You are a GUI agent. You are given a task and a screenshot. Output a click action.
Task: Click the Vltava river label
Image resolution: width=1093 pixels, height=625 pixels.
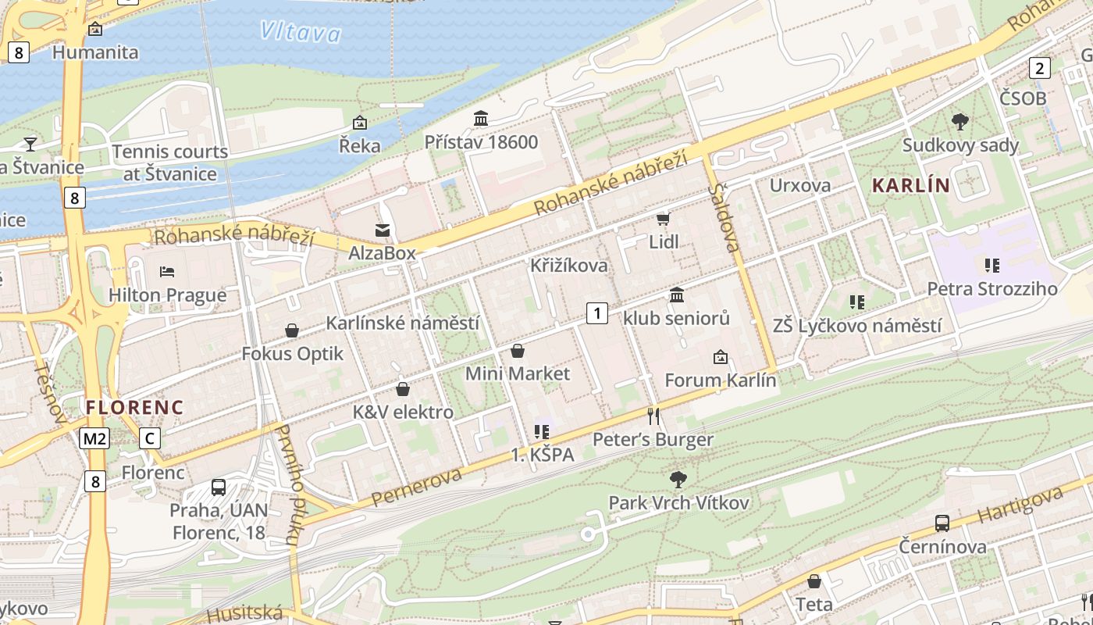coord(301,32)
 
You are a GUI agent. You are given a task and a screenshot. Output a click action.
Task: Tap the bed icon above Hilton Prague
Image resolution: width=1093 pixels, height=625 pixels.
coord(167,272)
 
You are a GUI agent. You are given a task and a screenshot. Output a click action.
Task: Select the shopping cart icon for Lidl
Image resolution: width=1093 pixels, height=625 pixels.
coord(664,219)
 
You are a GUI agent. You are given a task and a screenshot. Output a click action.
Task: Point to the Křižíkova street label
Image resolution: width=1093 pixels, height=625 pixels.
coord(568,266)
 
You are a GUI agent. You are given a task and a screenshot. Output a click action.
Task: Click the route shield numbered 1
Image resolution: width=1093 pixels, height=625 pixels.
coord(597,314)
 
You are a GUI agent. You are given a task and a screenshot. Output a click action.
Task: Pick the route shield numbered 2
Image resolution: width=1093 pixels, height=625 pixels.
coord(1039,68)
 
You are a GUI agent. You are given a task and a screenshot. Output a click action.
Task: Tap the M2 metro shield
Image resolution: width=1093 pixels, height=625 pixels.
coord(94,439)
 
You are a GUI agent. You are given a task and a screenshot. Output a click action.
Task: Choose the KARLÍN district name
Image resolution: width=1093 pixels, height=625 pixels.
coord(910,186)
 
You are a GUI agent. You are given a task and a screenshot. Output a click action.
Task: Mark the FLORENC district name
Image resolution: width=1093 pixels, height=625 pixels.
coord(135,407)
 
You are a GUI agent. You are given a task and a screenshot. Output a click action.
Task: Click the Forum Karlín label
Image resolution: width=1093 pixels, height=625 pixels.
coord(721,380)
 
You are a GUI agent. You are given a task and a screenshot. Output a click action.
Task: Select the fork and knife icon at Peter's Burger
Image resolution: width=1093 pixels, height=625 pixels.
coord(653,416)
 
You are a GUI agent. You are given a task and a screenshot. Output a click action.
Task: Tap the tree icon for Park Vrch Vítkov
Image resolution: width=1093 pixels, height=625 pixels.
coord(678,479)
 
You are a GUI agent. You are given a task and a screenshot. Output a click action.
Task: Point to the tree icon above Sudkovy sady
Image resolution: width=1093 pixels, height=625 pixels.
coord(960,121)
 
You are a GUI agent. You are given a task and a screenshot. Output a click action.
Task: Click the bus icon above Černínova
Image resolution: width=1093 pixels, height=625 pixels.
coord(942,523)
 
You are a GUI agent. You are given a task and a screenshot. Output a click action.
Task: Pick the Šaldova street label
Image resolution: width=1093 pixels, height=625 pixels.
coord(724,218)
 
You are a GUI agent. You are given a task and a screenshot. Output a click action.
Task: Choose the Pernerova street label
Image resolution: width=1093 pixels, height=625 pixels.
coord(416,486)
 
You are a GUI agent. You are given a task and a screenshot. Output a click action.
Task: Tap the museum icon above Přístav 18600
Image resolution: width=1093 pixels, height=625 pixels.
coord(481,119)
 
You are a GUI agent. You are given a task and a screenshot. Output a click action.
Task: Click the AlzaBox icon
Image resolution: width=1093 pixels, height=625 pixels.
coord(383,230)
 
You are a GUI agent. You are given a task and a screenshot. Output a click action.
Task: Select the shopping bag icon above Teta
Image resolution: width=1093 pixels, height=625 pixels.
coord(814,581)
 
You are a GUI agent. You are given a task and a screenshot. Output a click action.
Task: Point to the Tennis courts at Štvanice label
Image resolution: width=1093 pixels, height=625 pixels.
coord(169,162)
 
